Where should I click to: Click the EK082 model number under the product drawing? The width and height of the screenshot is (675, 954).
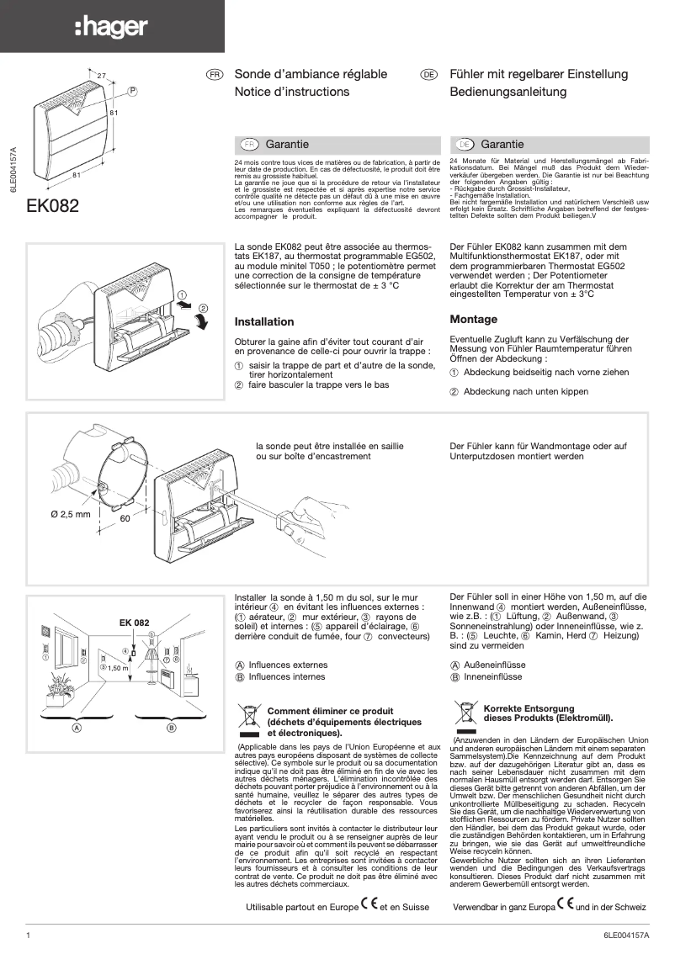[x=53, y=206]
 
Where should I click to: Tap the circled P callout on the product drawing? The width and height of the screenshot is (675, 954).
[x=132, y=90]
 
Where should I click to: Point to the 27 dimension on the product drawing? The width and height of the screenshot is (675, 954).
[x=101, y=77]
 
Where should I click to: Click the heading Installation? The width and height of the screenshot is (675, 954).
[x=264, y=322]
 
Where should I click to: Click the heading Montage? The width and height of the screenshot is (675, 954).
[x=474, y=320]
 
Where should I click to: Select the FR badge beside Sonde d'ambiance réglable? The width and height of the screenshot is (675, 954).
[x=215, y=75]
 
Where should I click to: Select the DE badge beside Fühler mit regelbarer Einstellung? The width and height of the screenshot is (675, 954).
[x=428, y=75]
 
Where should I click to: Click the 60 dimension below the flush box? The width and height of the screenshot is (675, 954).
[x=125, y=520]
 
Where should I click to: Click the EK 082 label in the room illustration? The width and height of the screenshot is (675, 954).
[x=134, y=623]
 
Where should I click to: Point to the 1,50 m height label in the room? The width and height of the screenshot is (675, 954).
[x=119, y=667]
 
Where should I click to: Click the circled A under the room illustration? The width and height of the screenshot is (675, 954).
[x=76, y=726]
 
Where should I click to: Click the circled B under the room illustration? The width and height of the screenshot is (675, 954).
[x=171, y=726]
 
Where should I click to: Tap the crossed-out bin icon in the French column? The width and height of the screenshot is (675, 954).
[x=248, y=718]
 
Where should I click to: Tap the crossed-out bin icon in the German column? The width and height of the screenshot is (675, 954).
[x=465, y=713]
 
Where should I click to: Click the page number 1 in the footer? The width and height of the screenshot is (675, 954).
[x=29, y=935]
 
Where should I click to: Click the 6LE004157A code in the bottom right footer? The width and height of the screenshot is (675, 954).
[x=627, y=935]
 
